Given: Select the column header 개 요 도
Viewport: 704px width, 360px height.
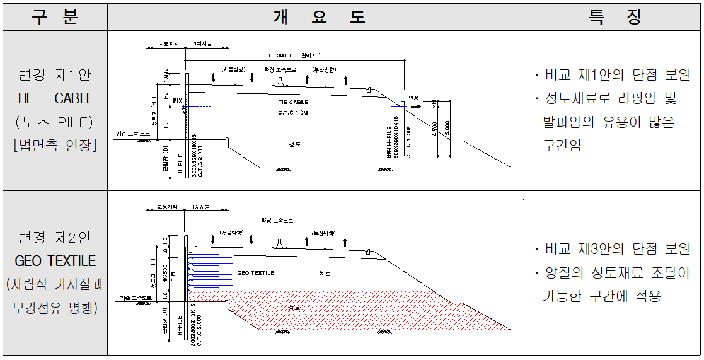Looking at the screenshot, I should point(319,17).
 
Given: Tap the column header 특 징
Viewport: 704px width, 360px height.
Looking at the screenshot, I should point(615,17).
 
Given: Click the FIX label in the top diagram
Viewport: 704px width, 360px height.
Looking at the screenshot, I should point(177,100).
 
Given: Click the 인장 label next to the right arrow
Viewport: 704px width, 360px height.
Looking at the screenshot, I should point(413,98).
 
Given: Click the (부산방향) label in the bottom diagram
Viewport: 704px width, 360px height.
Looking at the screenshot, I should point(316,233).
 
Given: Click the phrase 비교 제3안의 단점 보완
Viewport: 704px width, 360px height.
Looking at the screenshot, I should point(618,249).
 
